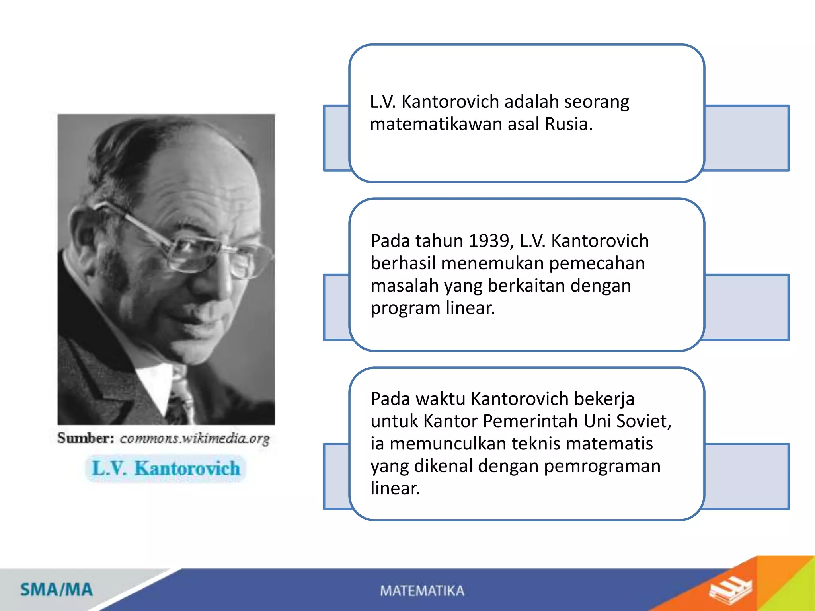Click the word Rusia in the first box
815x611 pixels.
569,124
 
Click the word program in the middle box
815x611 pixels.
405,309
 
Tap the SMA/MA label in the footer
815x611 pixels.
57,590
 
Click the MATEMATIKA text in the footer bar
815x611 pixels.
422,591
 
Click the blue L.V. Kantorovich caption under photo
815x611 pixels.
166,468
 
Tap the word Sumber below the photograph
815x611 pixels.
86,438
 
